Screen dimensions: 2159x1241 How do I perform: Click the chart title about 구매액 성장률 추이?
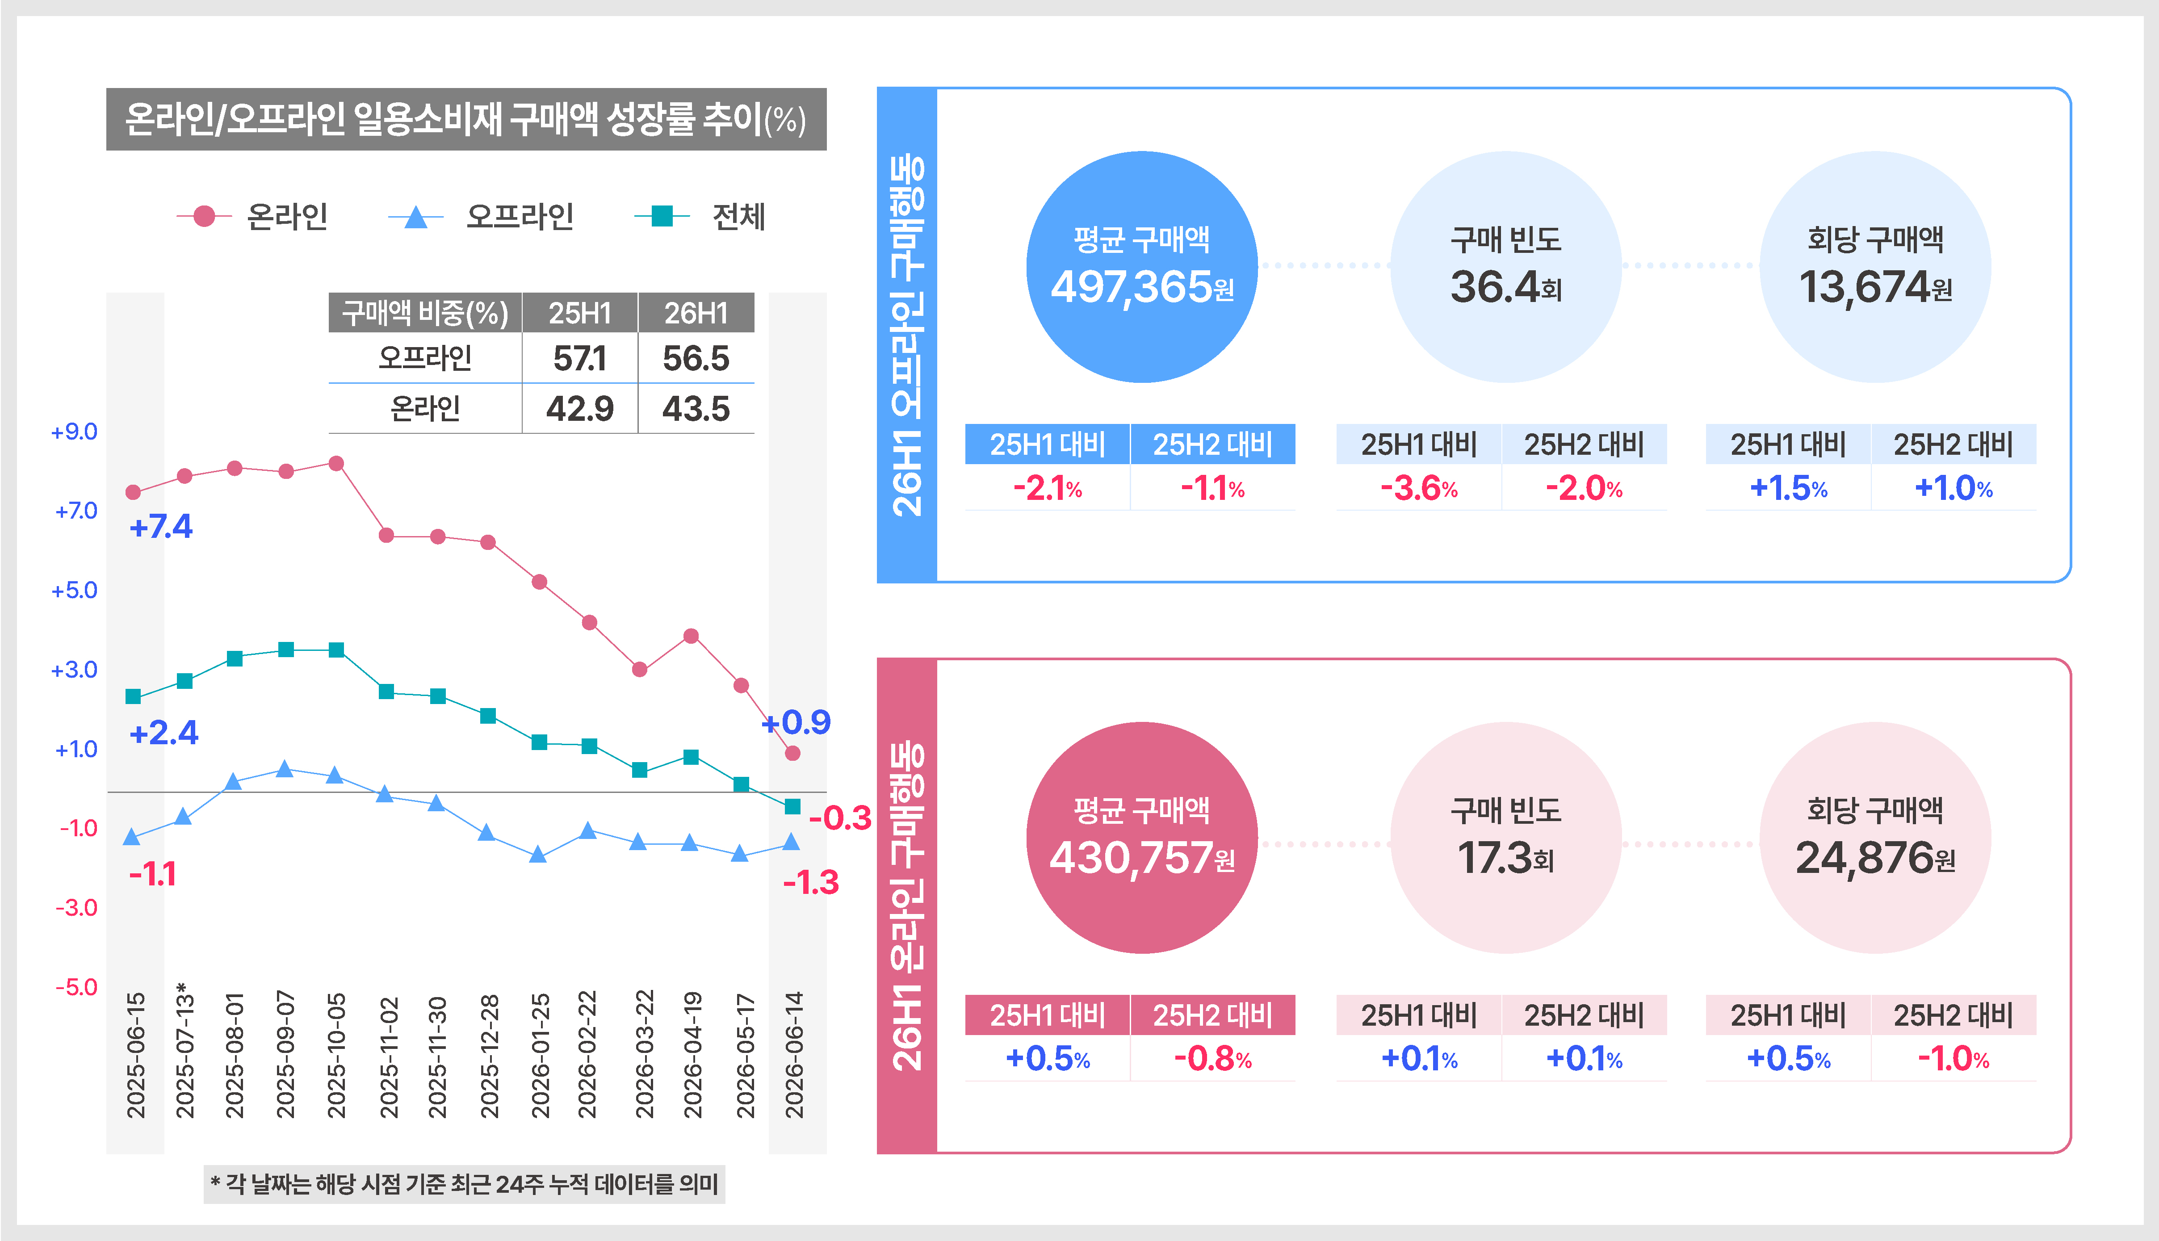(x=465, y=119)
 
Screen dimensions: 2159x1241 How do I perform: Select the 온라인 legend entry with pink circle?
(x=252, y=217)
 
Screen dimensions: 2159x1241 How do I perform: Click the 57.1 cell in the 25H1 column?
(x=579, y=358)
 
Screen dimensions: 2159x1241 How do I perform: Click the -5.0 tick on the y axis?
(x=76, y=987)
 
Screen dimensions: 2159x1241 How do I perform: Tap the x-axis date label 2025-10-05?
(x=337, y=1054)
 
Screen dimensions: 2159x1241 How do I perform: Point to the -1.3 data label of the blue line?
(x=811, y=882)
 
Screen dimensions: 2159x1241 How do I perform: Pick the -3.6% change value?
(x=1418, y=488)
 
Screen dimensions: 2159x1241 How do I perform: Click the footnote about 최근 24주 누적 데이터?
(x=465, y=1184)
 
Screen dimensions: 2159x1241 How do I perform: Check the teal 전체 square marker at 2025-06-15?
(x=133, y=696)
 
